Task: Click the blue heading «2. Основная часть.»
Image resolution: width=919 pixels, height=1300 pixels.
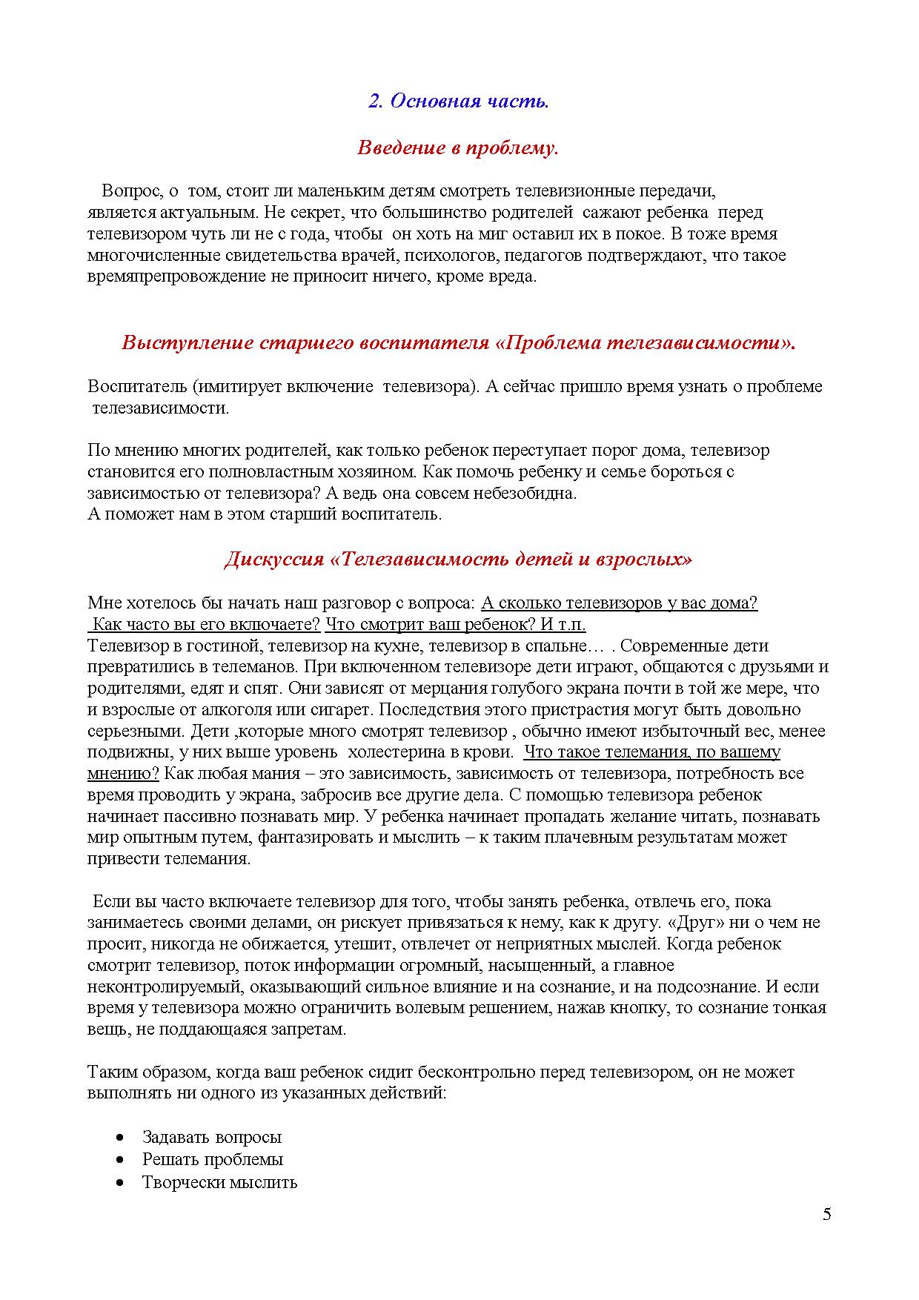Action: (x=458, y=102)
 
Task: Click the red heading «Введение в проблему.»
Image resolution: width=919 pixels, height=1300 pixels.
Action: (x=458, y=148)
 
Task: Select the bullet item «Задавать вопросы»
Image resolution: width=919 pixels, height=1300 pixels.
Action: (x=212, y=1137)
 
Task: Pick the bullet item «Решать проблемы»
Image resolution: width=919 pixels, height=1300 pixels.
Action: (x=213, y=1159)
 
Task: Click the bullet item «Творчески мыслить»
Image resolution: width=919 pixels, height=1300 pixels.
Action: (x=219, y=1182)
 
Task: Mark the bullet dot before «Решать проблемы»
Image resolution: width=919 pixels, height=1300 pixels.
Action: (x=121, y=1159)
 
